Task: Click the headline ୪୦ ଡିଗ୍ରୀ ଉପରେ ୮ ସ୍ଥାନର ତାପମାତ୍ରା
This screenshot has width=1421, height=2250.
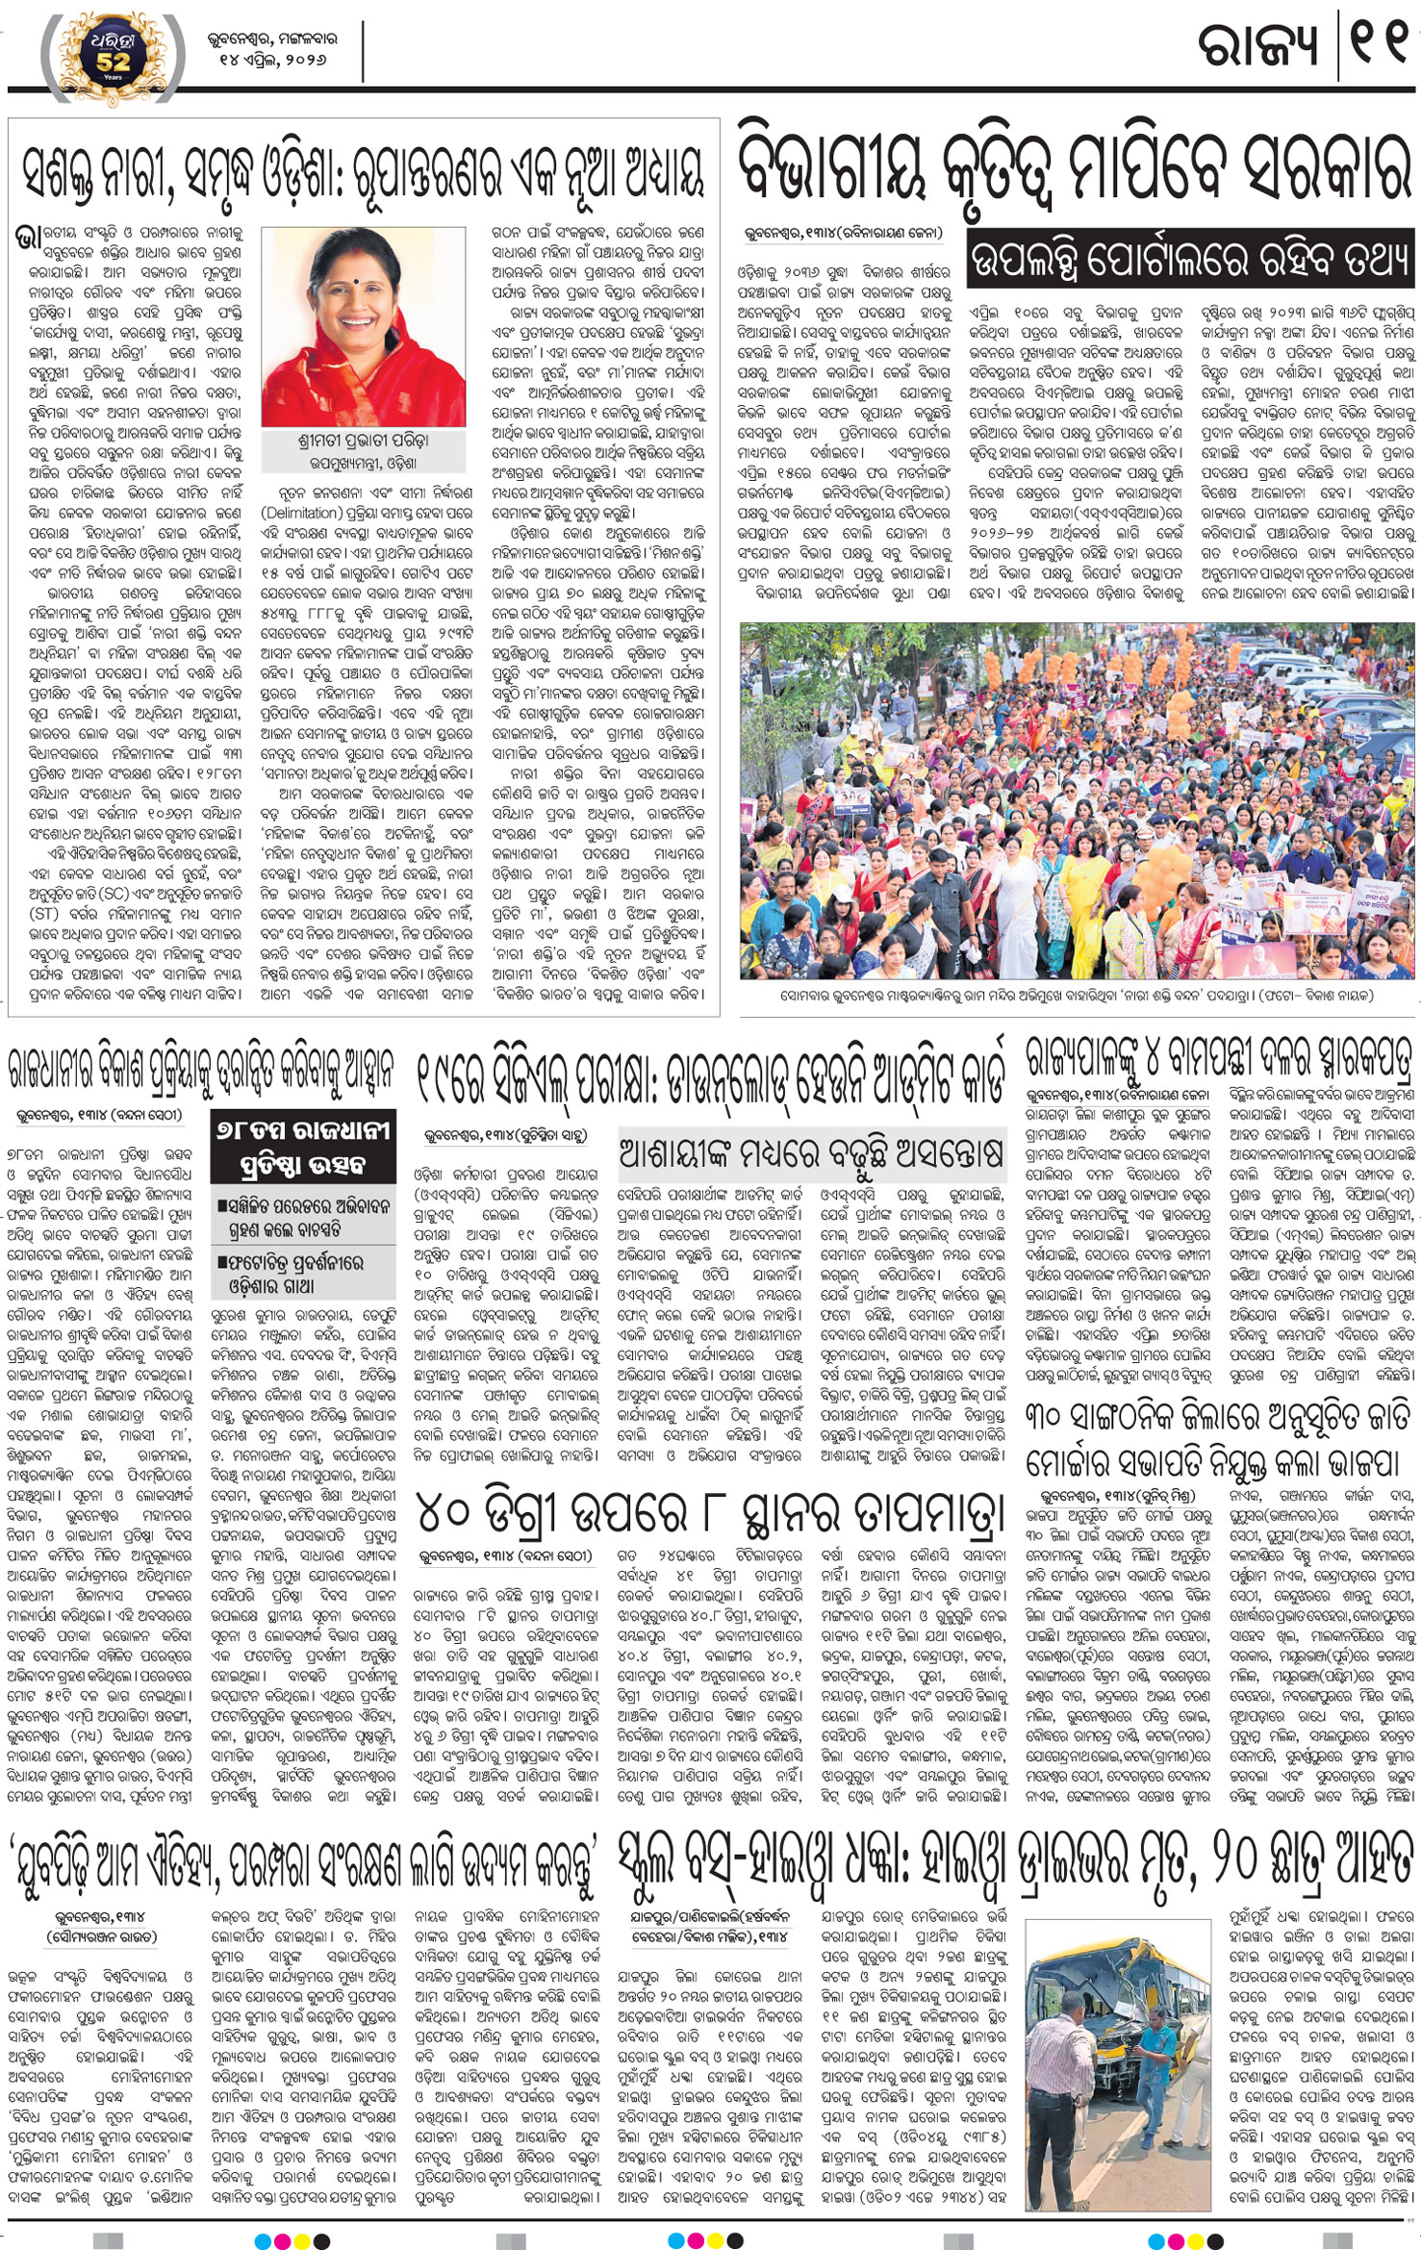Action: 711,1512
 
